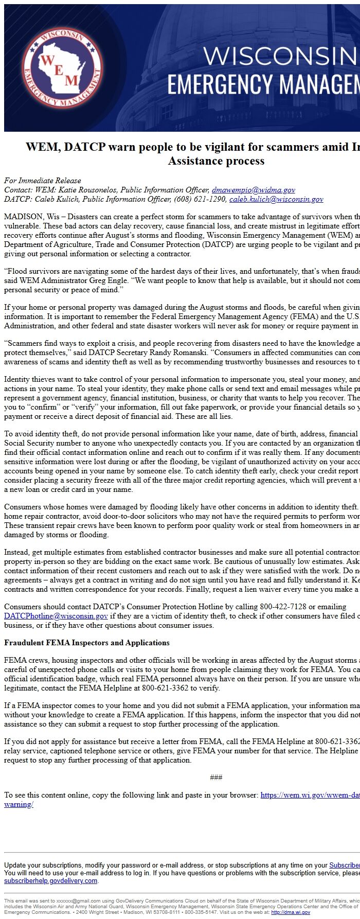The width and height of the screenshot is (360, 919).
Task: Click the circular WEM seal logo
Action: (62, 68)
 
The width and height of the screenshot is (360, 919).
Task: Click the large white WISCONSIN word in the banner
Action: (280, 56)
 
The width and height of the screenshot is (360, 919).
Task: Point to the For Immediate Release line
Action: (43, 181)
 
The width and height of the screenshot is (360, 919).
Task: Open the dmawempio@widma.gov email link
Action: (254, 190)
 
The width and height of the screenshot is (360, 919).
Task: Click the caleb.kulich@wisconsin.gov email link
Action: (276, 199)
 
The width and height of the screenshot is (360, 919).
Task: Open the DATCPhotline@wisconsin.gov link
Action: (56, 616)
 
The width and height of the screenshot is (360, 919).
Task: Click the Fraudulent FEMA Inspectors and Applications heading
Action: (87, 643)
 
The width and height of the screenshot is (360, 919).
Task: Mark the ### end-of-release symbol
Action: (216, 777)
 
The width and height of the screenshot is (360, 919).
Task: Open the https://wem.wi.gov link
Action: (310, 795)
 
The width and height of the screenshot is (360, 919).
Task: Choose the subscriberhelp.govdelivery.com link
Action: (51, 880)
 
